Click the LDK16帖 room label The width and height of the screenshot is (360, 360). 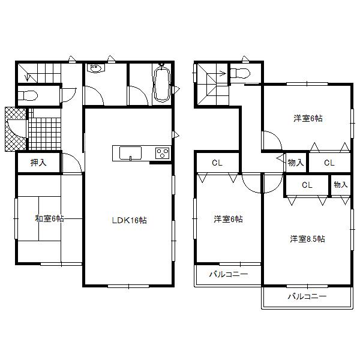pos(128,220)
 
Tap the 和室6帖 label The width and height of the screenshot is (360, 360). pos(49,219)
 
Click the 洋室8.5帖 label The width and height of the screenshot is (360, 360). pos(307,239)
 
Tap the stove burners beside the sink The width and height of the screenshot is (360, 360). pos(163,153)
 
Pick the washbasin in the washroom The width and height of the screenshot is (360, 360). pos(96,70)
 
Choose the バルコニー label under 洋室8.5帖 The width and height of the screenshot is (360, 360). pos(306,296)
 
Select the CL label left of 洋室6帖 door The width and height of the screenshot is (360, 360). pos(217,162)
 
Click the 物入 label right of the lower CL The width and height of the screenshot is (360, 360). pos(340,185)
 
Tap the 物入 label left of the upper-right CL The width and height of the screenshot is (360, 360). pos(295,162)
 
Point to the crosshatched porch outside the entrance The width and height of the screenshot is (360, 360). pos(15,129)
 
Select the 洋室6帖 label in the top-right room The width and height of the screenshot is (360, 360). pos(308,118)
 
